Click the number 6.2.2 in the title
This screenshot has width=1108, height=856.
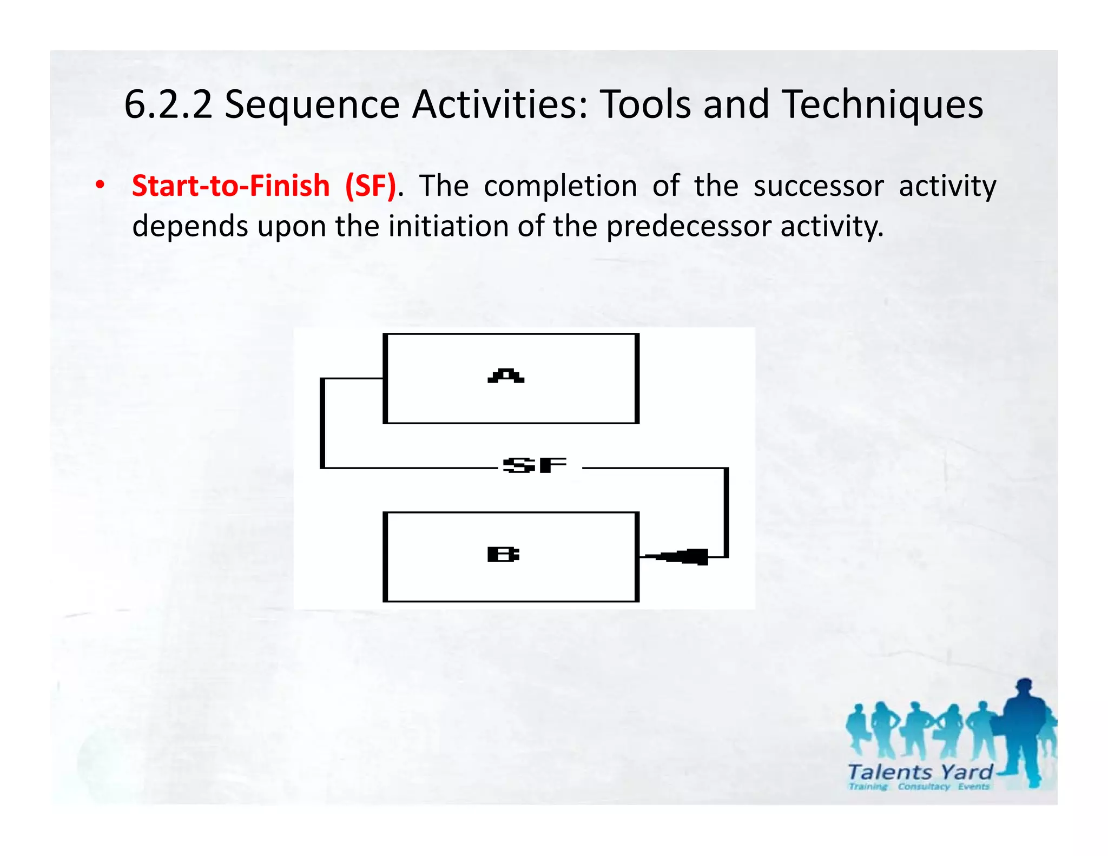[x=168, y=104]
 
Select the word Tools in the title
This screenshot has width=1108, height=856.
[x=645, y=104]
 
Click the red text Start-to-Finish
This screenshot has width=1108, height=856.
[x=230, y=186]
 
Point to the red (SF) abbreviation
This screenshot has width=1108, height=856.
[x=371, y=186]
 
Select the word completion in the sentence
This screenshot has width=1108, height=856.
[x=560, y=186]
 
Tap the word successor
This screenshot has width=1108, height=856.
[x=818, y=186]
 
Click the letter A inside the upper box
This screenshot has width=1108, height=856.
[x=506, y=376]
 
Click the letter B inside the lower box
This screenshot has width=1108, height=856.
[x=503, y=555]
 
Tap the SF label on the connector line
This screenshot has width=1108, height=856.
[x=535, y=465]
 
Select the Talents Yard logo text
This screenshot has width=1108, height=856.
[x=920, y=772]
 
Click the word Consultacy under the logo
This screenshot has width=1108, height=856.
[x=924, y=787]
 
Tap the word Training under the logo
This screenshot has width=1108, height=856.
[x=868, y=787]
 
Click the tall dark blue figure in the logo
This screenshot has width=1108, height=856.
[x=1024, y=730]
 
